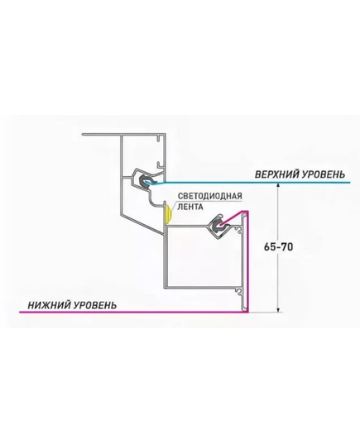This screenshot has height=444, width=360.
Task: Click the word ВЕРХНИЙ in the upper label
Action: pos(276,174)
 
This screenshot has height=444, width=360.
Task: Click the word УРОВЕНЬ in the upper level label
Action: pos(324,174)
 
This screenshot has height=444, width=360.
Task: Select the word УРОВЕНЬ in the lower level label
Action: pos(95,305)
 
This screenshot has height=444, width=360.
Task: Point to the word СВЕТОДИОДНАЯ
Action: pos(210,196)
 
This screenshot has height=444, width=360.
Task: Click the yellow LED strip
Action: pos(168,213)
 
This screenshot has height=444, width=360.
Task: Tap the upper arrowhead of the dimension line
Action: pos(278,185)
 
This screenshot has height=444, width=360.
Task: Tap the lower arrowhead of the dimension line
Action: pos(278,309)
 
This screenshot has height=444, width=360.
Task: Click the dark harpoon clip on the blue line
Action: pos(144,181)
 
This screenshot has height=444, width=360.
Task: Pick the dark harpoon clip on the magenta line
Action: pos(218,226)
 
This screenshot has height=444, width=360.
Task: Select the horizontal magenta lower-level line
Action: pos(134,312)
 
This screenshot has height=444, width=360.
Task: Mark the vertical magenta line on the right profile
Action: pos(248,261)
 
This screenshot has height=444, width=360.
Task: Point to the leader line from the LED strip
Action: pos(174,206)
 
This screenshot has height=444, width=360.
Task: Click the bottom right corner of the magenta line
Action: pos(248,312)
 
